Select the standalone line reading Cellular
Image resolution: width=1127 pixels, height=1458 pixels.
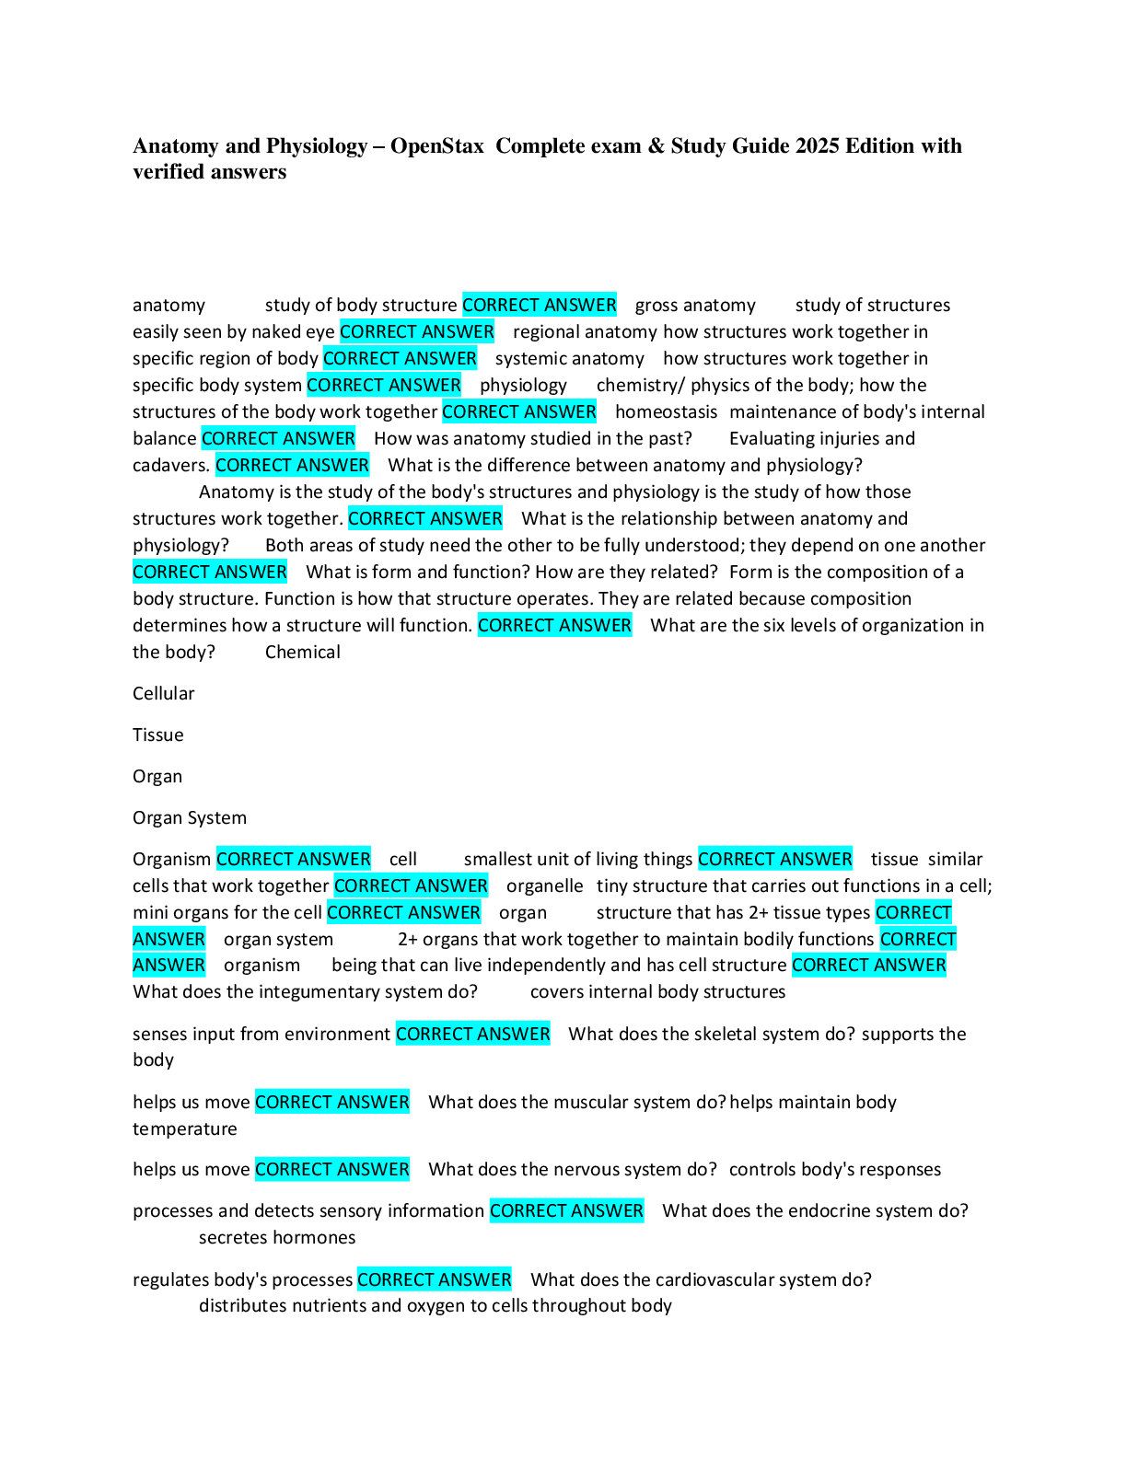(164, 694)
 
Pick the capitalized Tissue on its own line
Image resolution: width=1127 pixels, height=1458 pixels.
(158, 735)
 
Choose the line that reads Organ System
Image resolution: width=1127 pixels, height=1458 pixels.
(190, 818)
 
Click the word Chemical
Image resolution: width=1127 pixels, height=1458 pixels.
(302, 653)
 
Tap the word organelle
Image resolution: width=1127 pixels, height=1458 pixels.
(544, 886)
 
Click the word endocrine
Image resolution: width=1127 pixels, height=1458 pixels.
(795, 1211)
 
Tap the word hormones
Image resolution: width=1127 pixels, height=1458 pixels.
(317, 1238)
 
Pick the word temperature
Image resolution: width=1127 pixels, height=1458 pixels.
(185, 1129)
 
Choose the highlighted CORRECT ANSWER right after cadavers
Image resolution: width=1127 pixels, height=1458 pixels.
(292, 466)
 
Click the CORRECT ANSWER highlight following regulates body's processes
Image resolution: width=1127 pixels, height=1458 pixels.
(434, 1280)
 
